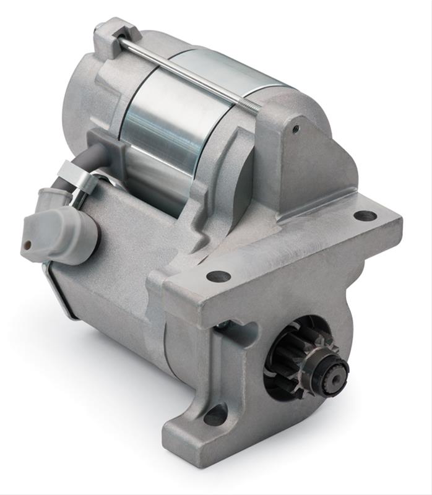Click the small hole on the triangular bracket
[x=296, y=129]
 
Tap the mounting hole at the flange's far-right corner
[x=365, y=215]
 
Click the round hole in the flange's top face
[x=218, y=276]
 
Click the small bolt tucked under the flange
[x=222, y=324]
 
